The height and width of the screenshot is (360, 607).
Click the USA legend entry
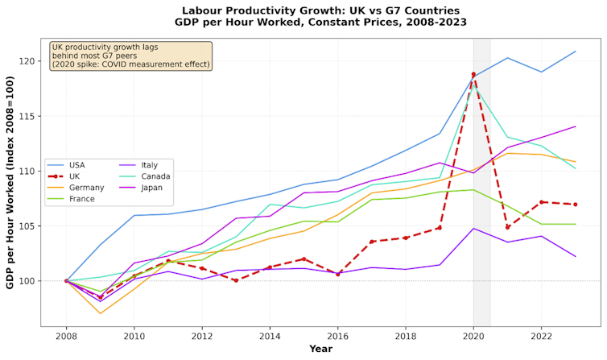(x=77, y=165)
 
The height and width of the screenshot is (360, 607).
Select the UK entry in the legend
(x=74, y=176)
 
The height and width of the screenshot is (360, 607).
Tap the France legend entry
(x=81, y=198)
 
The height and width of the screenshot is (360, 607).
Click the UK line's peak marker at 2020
(x=473, y=75)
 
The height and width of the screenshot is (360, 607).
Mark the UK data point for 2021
(x=507, y=227)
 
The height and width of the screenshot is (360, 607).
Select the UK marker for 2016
(x=337, y=274)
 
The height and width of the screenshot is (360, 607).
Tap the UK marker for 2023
(x=575, y=204)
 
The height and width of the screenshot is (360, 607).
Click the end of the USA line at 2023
(x=575, y=52)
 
